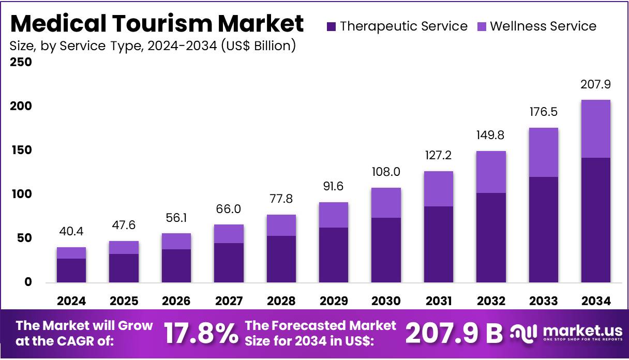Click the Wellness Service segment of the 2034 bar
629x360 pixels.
(x=595, y=129)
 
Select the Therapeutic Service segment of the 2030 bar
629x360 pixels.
(x=386, y=250)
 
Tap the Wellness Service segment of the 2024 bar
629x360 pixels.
(x=71, y=253)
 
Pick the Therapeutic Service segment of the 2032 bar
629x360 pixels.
(x=491, y=237)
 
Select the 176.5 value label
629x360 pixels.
(x=543, y=112)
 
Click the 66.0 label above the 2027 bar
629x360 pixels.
(x=229, y=209)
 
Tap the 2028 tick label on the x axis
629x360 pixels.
(x=281, y=301)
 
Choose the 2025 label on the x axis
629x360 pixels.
(x=124, y=301)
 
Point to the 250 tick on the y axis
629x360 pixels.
(x=21, y=63)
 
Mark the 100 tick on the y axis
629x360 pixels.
(x=21, y=194)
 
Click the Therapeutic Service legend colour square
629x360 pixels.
(x=332, y=26)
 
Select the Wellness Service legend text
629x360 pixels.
(x=543, y=26)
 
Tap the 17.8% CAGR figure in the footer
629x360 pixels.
(x=201, y=334)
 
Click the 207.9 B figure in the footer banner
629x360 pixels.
(x=454, y=334)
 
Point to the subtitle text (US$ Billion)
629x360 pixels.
(x=258, y=46)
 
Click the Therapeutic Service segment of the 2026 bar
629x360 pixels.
(x=176, y=265)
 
